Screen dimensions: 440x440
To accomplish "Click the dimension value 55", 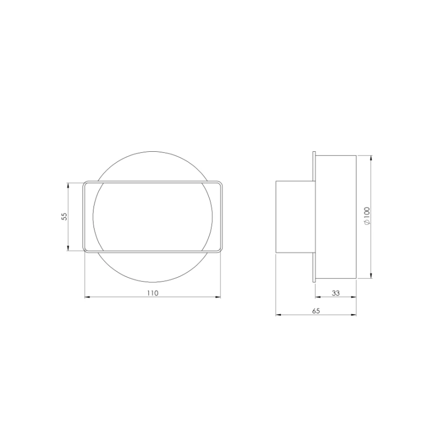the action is pos(64,216).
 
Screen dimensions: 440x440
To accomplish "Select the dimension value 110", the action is pos(153,293).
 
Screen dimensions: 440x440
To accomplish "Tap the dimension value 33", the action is pos(335,293).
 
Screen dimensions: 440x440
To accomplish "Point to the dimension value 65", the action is pos(316,311).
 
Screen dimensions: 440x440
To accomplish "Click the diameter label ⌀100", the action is pos(367,216).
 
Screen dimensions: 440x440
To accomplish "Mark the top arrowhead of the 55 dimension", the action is pos(68,185).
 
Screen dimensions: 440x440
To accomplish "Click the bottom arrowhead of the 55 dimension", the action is pos(68,248).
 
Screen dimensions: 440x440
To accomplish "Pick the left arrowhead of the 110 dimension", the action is pos(87,297).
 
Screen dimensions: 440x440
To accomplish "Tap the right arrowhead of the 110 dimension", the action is pos(217,297).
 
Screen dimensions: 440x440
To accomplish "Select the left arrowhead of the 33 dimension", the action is pos(318,297).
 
